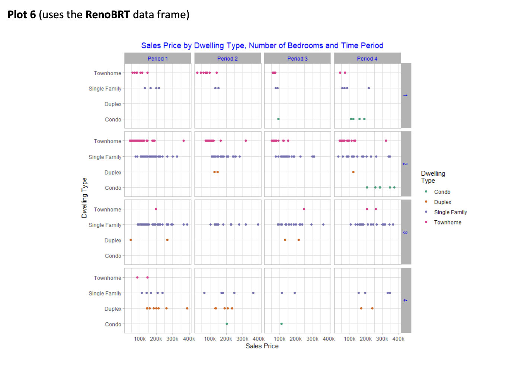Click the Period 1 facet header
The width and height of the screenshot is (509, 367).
(158, 58)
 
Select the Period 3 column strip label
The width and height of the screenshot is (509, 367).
(297, 58)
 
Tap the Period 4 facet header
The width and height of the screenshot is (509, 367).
(367, 58)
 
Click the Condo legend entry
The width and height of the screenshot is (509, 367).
(442, 192)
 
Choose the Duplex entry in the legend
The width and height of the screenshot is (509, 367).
(442, 202)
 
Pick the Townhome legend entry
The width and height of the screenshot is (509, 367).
(448, 222)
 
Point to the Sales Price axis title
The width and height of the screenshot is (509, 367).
(262, 346)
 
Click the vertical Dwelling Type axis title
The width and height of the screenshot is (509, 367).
(84, 198)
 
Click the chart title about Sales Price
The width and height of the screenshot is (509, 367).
(262, 45)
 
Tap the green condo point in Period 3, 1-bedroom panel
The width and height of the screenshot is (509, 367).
(278, 119)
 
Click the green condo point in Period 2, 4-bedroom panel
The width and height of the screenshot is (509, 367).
(227, 324)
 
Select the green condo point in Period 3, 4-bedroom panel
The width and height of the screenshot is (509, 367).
(281, 324)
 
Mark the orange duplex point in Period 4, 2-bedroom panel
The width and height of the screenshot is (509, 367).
(353, 172)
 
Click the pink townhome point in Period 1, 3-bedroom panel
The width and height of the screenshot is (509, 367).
(156, 209)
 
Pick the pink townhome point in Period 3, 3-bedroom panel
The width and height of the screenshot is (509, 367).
(304, 209)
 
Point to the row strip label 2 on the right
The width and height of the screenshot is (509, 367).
(406, 164)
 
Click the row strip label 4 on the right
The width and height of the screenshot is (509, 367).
(406, 300)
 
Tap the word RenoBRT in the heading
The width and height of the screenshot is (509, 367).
(108, 15)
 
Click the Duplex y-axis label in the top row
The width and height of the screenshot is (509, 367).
(113, 104)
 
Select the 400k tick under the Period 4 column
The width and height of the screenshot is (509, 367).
(398, 339)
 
